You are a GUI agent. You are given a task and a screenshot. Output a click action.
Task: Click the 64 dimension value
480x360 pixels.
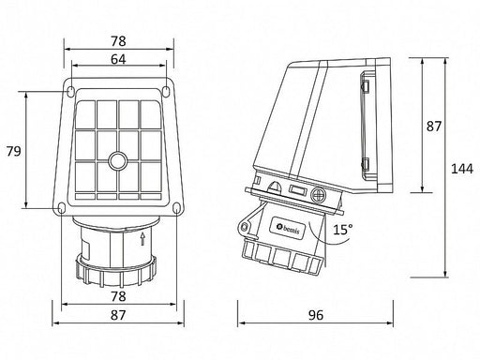(118, 59)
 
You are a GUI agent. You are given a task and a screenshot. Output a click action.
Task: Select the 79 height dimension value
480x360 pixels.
(14, 151)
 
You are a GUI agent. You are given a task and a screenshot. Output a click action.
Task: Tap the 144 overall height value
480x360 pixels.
(462, 169)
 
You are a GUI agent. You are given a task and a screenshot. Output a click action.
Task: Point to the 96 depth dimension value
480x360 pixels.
(316, 315)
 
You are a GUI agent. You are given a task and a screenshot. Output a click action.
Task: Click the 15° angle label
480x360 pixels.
(342, 230)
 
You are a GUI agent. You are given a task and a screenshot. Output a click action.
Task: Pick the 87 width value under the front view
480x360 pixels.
(118, 315)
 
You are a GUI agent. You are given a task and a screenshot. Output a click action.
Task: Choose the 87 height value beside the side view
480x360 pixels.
(434, 127)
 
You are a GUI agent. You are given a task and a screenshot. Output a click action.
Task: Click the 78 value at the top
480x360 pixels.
(118, 41)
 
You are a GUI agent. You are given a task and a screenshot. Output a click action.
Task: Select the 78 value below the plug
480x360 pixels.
(118, 296)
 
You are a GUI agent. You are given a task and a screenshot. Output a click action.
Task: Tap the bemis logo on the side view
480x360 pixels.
(288, 229)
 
